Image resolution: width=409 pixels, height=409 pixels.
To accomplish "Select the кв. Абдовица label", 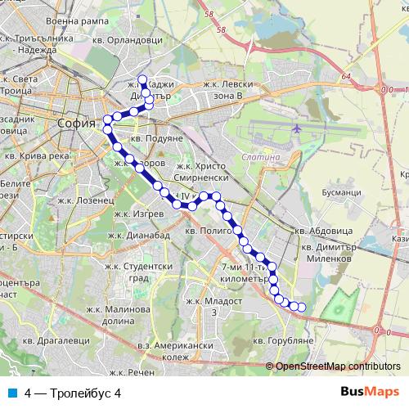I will [x=325, y=230].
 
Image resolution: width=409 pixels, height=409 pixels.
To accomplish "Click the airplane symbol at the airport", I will [x=295, y=129].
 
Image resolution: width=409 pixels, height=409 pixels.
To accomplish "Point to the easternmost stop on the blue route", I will [x=302, y=308].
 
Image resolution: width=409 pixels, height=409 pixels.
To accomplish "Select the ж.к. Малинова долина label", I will [x=122, y=316].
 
